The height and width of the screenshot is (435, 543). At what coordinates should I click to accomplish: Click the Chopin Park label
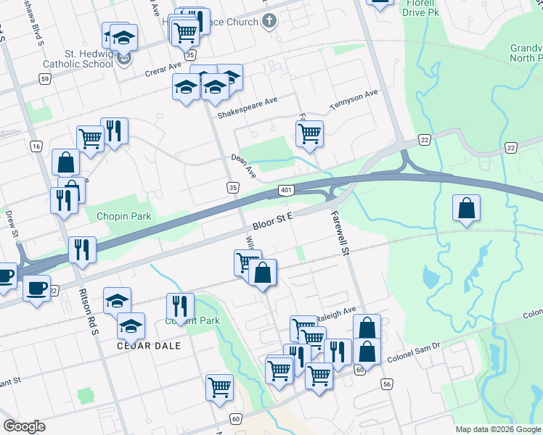[x=123, y=216]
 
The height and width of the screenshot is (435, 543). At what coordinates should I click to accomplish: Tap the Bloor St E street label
[x=272, y=220]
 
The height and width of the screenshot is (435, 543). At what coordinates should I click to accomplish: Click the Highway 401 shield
[x=285, y=191]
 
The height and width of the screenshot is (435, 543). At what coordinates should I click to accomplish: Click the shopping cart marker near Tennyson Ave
[x=309, y=133]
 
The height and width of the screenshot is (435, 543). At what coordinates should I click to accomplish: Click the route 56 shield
[x=385, y=384]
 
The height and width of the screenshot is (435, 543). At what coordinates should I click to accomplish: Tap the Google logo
[x=24, y=426]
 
